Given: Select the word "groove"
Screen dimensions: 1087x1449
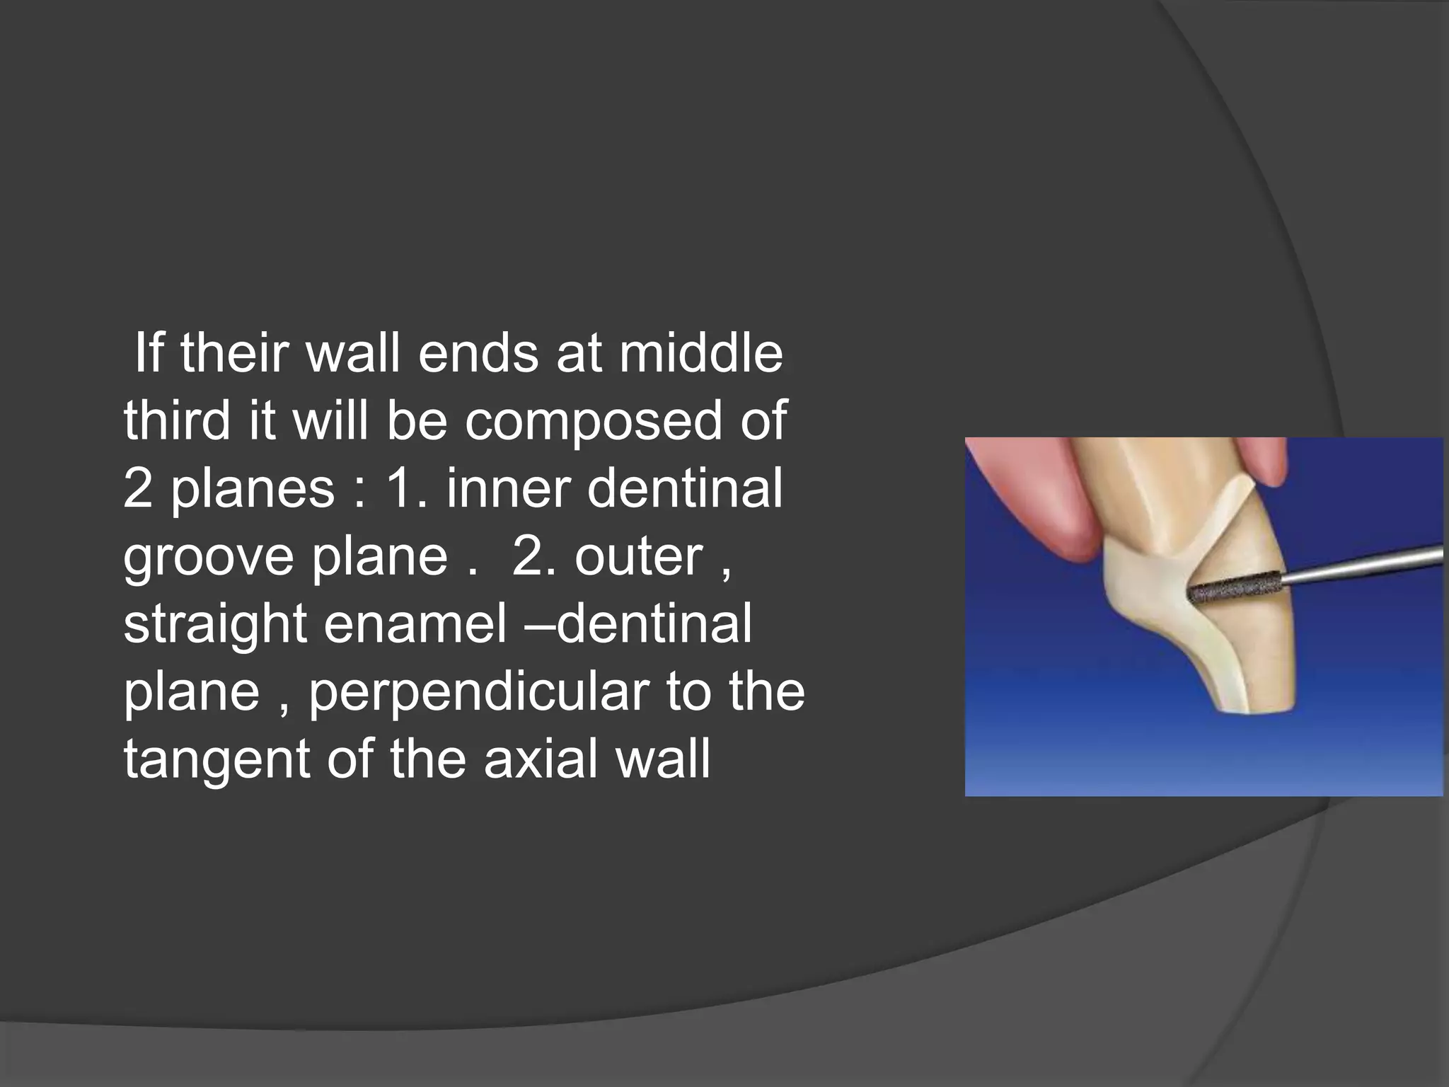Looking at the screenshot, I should pyautogui.click(x=208, y=557).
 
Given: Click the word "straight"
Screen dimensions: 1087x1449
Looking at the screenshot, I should pyautogui.click(x=215, y=624).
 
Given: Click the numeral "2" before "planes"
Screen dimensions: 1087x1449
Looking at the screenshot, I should pyautogui.click(x=138, y=489).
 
